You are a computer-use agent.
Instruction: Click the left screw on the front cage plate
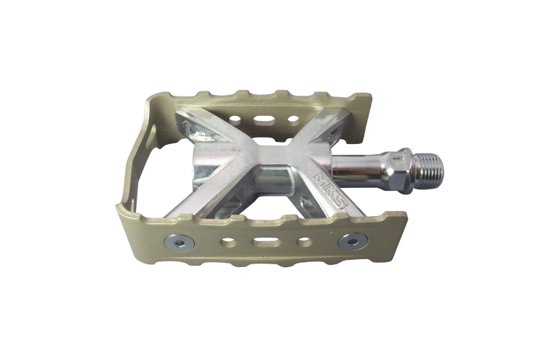(179, 243)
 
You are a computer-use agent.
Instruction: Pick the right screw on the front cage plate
(353, 240)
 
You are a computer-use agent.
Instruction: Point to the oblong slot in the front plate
(266, 242)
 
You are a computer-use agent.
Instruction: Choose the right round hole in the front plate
(302, 240)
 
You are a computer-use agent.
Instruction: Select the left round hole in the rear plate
(235, 120)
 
